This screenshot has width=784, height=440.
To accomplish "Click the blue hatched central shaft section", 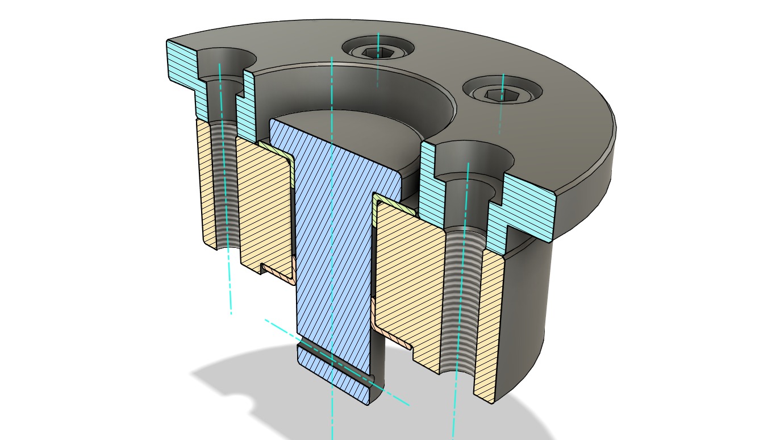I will point(335,239).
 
